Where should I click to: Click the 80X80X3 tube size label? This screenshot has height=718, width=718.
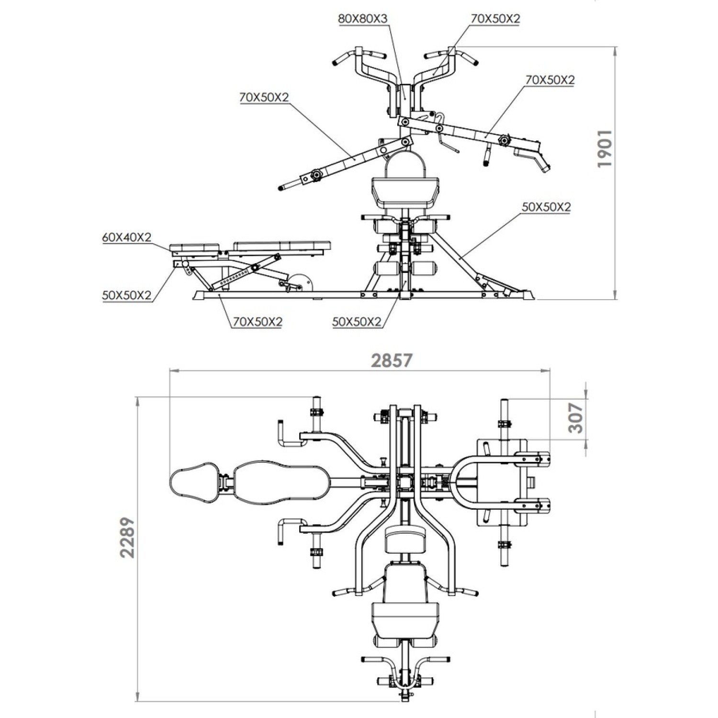coord(362,19)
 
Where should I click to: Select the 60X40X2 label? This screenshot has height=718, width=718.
coord(126,237)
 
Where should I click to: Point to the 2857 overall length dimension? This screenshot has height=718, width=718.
coord(392,360)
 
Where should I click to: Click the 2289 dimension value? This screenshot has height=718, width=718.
coord(127,537)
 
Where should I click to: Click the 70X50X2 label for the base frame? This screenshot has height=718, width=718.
coord(258,322)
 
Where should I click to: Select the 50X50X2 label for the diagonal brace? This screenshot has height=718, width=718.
coord(546,207)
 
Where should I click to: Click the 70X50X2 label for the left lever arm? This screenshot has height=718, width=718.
coord(264,97)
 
